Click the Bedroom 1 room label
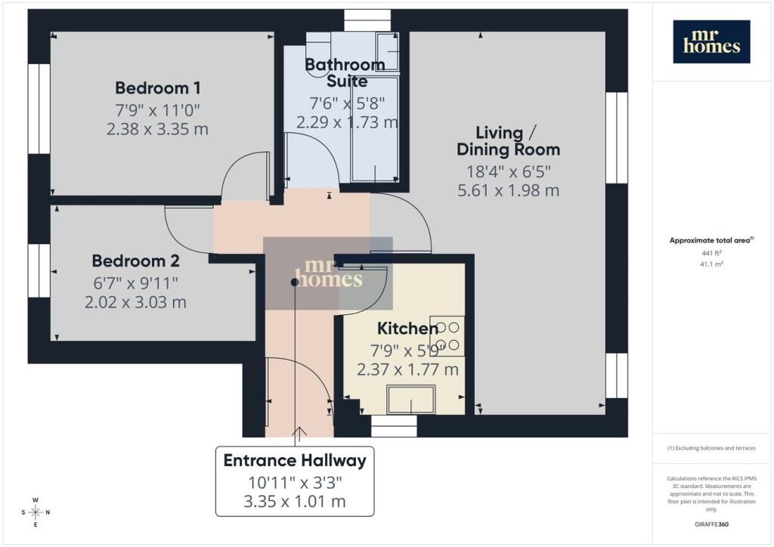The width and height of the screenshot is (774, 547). [157, 88]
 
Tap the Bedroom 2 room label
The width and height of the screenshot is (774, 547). [136, 261]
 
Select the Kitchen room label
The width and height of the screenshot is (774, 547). [407, 329]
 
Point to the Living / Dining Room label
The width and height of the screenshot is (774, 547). [508, 141]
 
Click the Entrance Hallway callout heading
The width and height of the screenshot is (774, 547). [295, 461]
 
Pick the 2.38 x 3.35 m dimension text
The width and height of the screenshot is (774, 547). [157, 129]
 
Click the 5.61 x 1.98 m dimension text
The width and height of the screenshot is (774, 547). [509, 190]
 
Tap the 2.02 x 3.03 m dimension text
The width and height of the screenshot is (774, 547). [136, 302]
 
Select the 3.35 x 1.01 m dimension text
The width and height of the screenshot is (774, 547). [295, 502]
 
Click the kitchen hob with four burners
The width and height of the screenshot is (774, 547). [447, 336]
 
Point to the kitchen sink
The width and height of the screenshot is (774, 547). [410, 400]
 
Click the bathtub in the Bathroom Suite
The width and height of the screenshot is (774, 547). [374, 128]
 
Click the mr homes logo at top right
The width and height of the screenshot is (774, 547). [711, 42]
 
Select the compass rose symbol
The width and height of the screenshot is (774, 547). [36, 512]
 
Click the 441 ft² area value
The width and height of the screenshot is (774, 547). [711, 253]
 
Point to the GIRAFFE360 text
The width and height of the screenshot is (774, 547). [711, 524]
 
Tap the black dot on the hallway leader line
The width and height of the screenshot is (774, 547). [295, 282]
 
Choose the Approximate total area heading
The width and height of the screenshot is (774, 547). [711, 241]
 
